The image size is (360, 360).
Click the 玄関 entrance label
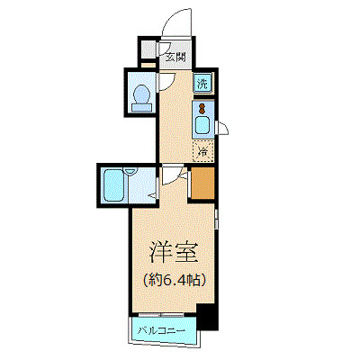[175, 56]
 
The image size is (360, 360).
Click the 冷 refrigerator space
[204, 151]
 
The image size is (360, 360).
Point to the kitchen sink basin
[204, 124]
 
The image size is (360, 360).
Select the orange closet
[203, 184]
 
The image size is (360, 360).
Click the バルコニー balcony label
[162, 332]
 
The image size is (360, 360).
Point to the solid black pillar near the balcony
[207, 318]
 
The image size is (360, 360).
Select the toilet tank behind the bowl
[141, 107]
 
